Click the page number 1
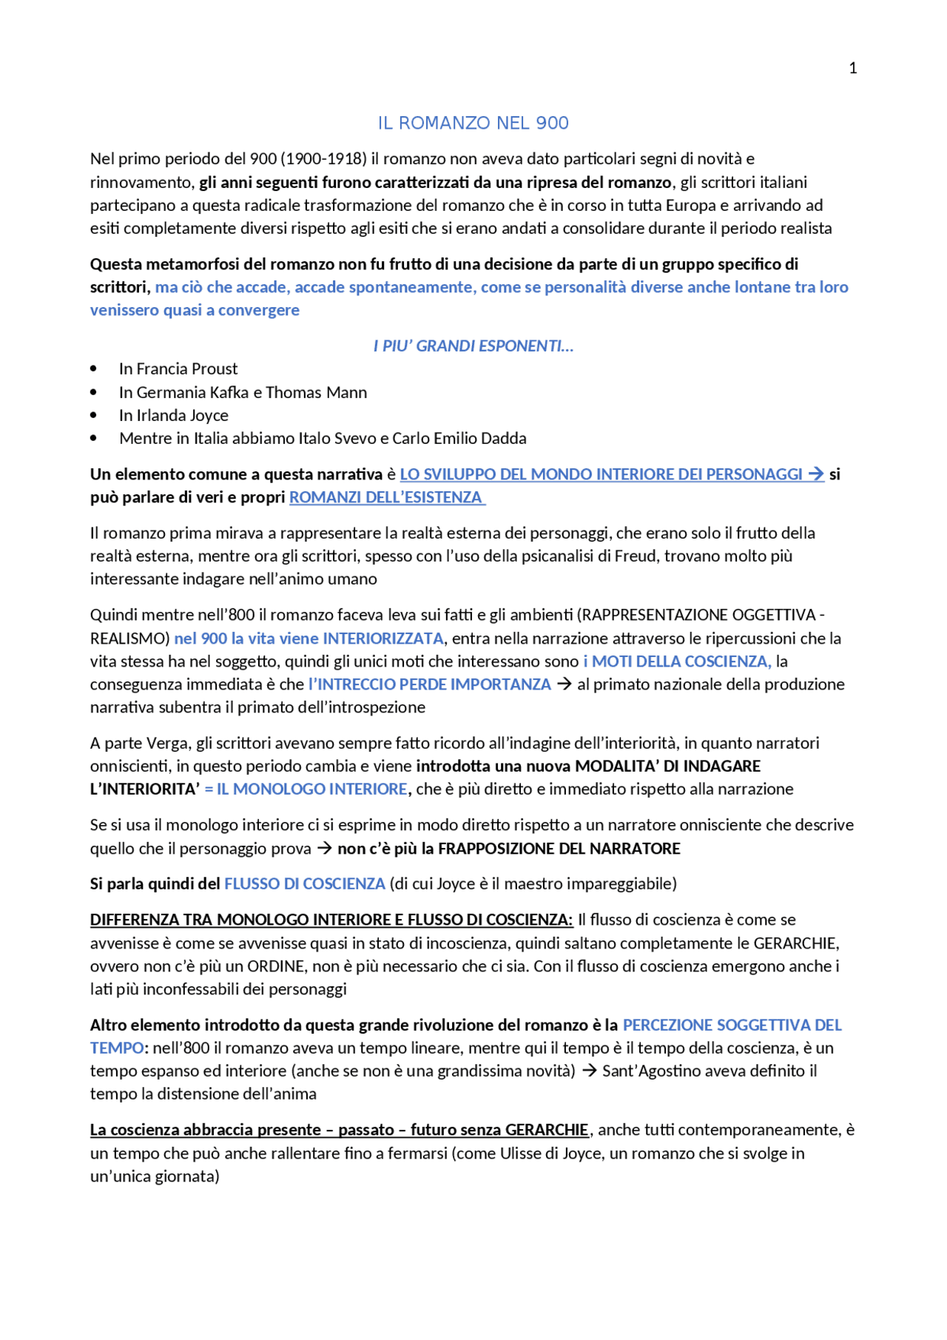852,68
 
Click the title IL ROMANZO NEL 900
473,123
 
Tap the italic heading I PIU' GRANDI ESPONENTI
473,346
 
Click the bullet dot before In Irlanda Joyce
94,415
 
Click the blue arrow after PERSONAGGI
815,474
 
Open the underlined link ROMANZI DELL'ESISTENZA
385,497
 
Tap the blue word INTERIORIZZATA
383,639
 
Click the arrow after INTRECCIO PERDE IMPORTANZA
564,684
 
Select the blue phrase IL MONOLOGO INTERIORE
311,789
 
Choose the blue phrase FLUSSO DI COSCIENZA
305,883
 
